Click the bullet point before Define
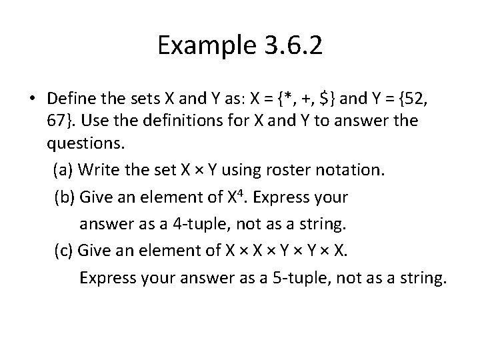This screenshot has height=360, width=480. coord(32,100)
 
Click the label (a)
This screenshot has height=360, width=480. coord(63,169)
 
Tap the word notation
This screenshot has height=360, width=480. coord(351,169)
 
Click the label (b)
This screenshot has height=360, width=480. coord(64,198)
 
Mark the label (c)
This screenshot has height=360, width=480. coord(63,251)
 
